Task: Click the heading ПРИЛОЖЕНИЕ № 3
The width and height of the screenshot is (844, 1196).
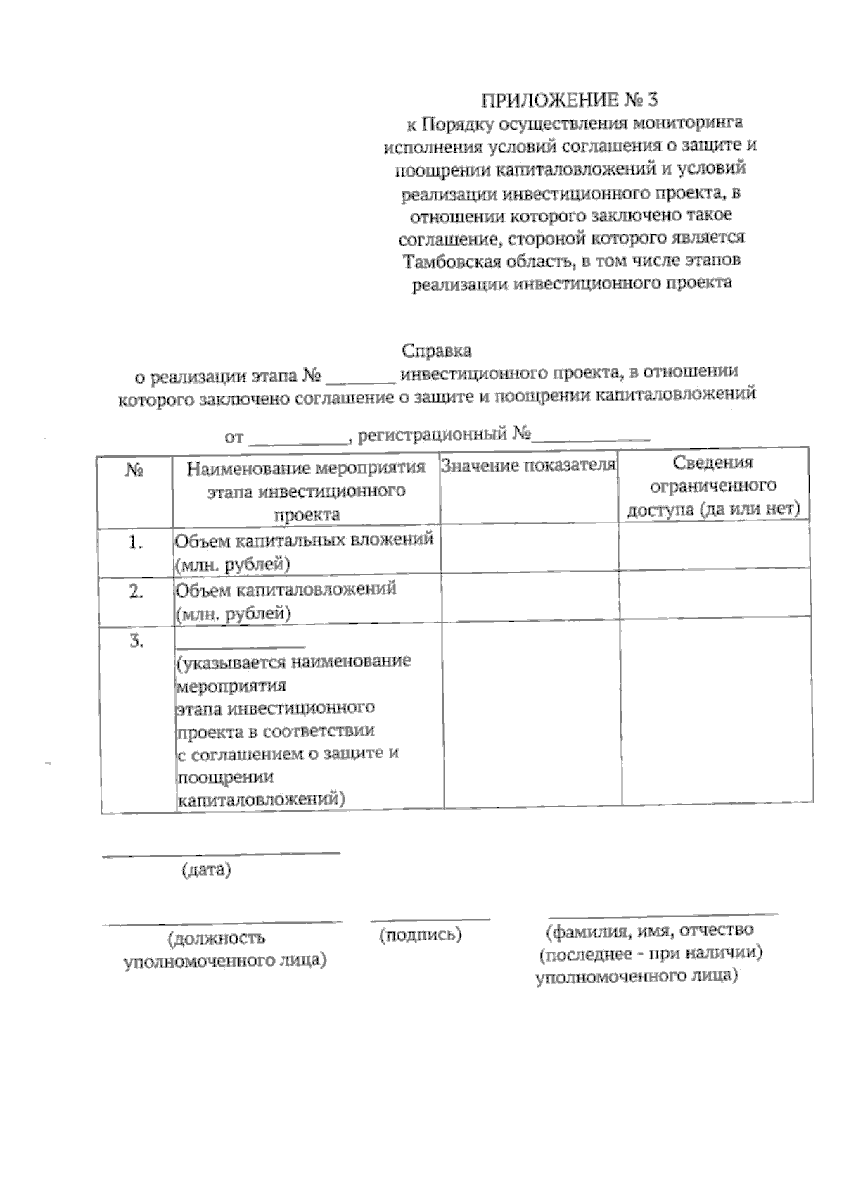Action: tap(570, 100)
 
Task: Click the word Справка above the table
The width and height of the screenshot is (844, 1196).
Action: tap(436, 351)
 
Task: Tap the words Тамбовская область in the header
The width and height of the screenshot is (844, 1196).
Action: tap(485, 261)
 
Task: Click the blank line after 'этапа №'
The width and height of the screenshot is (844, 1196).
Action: tap(361, 380)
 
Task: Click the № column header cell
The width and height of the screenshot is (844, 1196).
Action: tap(135, 470)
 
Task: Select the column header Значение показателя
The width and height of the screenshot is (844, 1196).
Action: tap(528, 465)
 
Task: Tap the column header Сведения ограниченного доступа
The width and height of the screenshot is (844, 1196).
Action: tap(713, 486)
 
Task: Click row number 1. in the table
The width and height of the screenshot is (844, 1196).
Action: tap(136, 543)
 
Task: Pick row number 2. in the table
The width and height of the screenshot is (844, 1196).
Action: tap(136, 592)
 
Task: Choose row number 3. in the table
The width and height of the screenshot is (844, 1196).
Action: tap(136, 641)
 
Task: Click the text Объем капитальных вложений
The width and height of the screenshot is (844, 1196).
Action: tap(304, 541)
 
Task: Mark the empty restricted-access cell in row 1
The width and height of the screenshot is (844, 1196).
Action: tap(714, 547)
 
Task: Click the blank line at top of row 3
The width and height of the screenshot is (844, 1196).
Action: tap(241, 646)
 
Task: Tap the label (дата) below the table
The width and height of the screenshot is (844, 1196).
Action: tap(206, 870)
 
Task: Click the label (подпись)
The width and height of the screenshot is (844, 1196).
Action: tap(420, 935)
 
